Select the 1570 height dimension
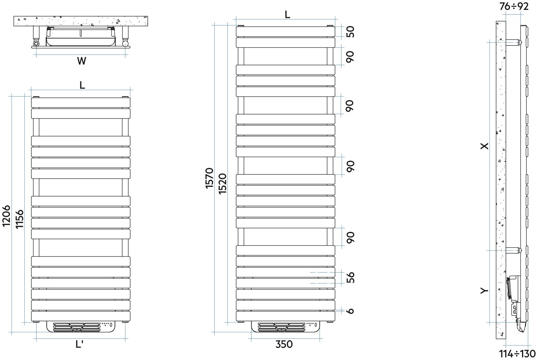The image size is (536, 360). click(210, 178)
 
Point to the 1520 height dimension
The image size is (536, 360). click(223, 184)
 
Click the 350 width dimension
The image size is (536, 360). click(284, 344)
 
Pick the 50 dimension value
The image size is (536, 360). click(350, 32)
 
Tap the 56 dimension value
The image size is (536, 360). click(350, 277)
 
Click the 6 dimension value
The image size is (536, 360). click(350, 311)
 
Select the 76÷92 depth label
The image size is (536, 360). click(514, 7)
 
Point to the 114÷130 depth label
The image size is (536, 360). click(517, 354)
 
